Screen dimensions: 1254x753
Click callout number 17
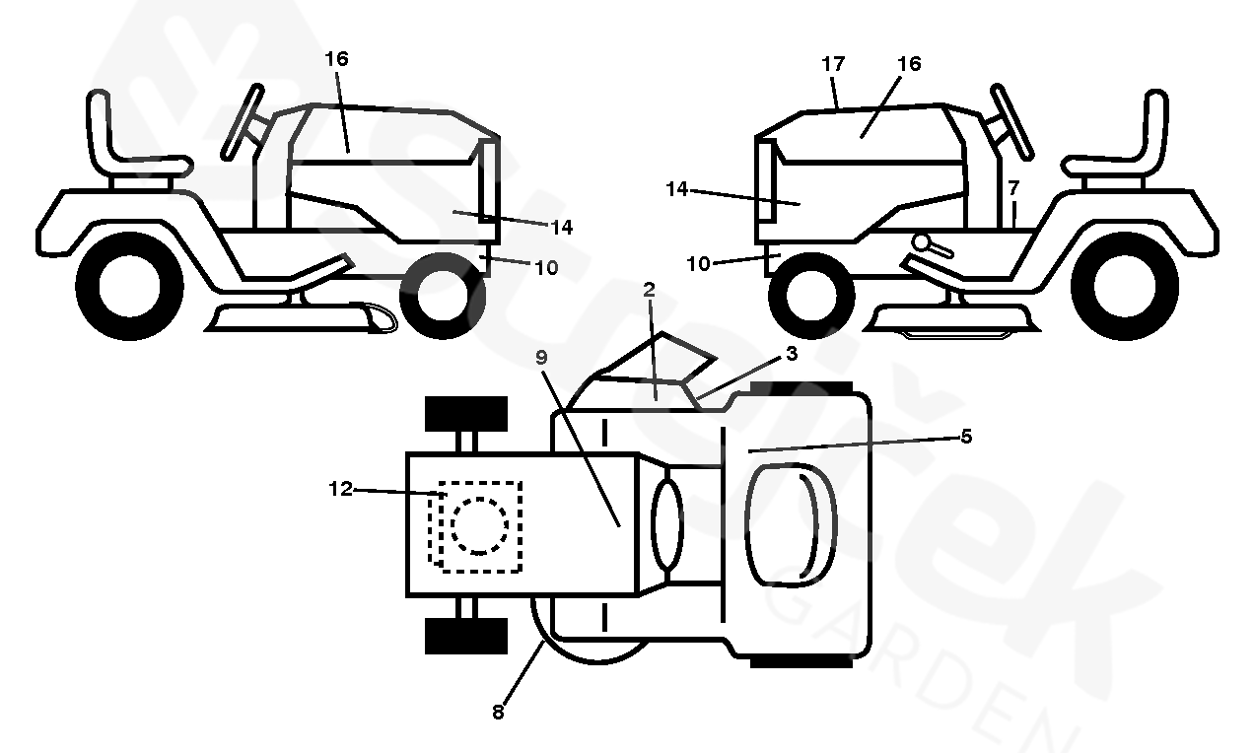(833, 64)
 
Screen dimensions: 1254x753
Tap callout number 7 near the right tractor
(1013, 188)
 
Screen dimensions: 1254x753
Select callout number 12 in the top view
(340, 489)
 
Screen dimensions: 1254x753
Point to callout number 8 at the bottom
(498, 712)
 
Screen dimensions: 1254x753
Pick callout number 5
(966, 436)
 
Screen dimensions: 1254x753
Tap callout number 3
(791, 353)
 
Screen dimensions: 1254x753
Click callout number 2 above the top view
(649, 290)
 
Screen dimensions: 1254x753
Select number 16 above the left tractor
(336, 59)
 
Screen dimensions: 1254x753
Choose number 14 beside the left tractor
(562, 228)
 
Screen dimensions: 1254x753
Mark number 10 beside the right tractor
(698, 264)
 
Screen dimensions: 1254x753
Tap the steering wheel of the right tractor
(1011, 121)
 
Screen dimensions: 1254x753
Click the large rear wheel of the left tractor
(129, 286)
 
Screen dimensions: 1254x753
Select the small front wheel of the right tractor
(811, 295)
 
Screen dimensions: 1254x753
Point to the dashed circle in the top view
(479, 525)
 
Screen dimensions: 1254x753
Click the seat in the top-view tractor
(791, 525)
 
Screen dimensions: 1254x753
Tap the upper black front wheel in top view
(465, 414)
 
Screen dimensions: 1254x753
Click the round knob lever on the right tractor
(932, 245)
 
